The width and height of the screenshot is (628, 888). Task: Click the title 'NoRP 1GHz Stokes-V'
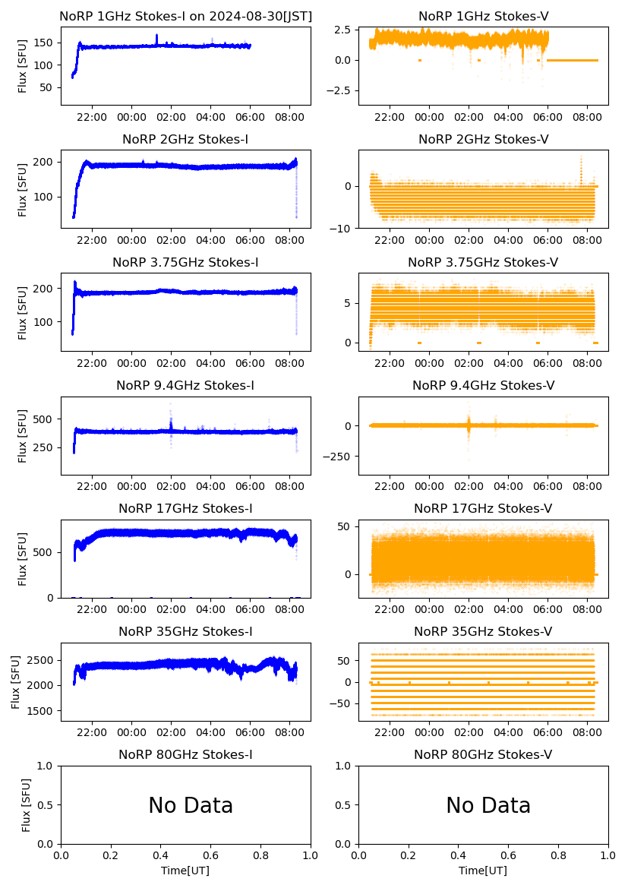click(483, 16)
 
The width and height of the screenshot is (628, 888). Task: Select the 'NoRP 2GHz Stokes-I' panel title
click(185, 139)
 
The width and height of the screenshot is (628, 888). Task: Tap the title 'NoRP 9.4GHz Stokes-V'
click(483, 385)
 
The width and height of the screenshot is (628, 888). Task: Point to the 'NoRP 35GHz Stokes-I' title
click(185, 631)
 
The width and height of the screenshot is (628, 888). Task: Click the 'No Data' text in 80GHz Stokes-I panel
click(191, 805)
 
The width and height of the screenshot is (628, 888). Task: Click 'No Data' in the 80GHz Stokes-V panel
click(488, 805)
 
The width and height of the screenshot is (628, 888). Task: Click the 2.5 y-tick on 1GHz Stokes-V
click(341, 30)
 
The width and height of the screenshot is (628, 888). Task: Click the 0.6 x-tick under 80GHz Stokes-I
click(210, 857)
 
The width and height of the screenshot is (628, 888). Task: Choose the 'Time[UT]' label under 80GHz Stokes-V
click(484, 871)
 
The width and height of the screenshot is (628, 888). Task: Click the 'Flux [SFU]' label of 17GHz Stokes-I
click(23, 559)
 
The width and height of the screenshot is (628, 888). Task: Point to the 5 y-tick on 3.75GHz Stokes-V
click(348, 303)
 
